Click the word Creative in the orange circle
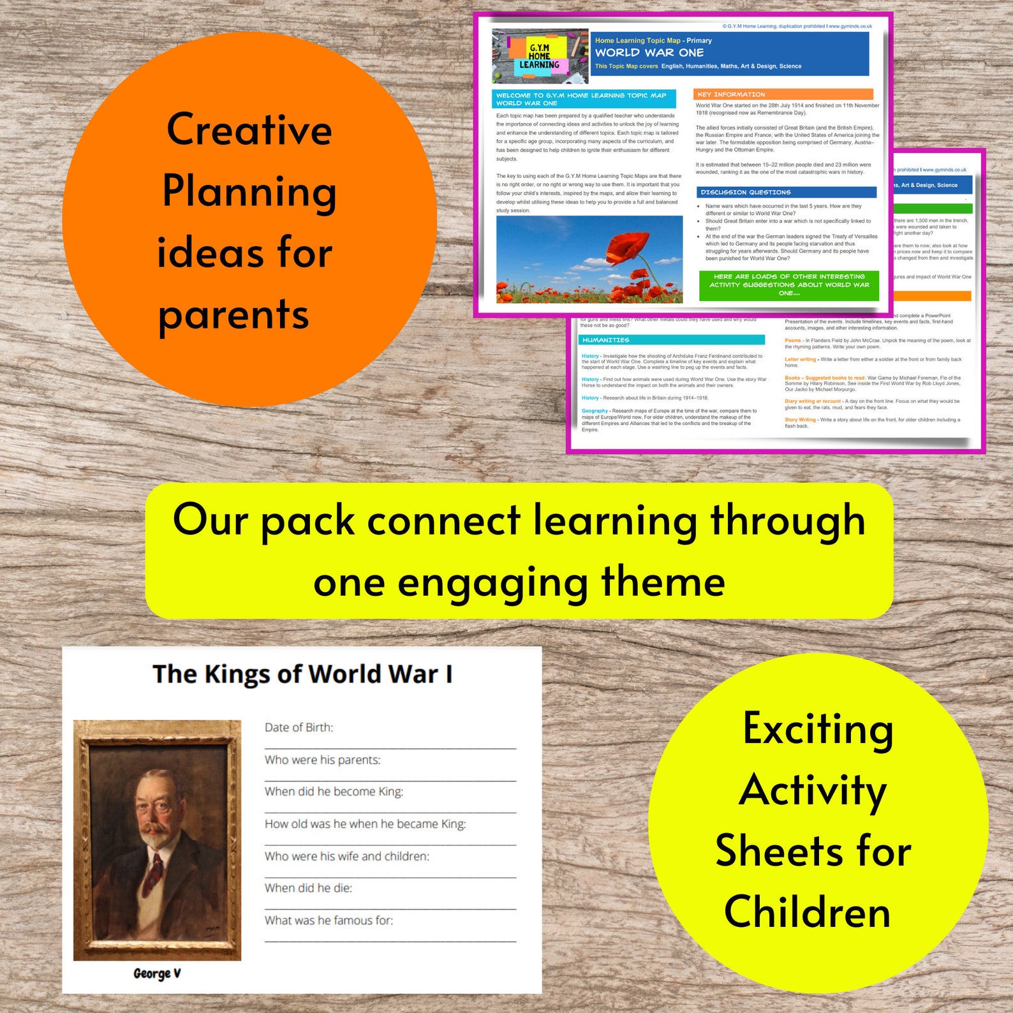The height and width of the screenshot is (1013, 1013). pos(249,129)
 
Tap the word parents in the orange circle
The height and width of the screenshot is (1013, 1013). pos(233,314)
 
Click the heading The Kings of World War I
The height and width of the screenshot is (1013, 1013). pos(302,674)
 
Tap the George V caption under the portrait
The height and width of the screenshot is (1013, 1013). pos(157,973)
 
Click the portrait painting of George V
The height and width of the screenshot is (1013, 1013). pos(157,839)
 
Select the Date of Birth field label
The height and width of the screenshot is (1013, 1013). pos(299,727)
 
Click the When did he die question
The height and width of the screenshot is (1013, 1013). pos(308,888)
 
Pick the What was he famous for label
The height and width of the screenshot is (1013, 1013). pos(329,920)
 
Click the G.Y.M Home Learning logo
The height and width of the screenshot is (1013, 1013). pos(540,56)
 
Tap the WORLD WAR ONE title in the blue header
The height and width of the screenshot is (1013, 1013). pos(649,53)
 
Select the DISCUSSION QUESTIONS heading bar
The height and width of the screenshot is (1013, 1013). pos(786,192)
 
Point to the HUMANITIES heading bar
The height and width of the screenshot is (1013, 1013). pos(672,340)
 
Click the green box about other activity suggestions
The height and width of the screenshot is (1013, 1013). pos(789,285)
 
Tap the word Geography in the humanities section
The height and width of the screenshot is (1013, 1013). pos(595,411)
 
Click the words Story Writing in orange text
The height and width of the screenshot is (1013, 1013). pos(800,420)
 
